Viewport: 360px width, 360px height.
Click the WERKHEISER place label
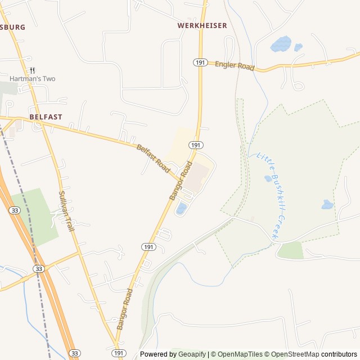(202, 25)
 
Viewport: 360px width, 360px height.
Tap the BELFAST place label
(46, 117)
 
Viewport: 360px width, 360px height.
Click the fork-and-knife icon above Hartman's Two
(32, 70)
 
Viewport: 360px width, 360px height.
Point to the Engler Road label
(235, 66)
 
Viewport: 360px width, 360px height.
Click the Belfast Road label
(153, 158)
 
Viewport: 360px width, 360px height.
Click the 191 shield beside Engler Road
(201, 62)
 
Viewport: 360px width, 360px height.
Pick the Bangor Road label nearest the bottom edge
(124, 309)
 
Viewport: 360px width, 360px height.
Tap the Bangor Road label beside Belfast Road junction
(181, 181)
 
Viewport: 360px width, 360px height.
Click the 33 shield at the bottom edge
(75, 353)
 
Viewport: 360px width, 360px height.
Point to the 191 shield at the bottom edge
(118, 353)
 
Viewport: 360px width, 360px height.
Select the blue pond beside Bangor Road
(181, 209)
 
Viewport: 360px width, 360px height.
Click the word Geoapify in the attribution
(192, 354)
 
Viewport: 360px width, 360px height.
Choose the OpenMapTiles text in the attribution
(240, 354)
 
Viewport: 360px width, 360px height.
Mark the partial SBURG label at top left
(12, 27)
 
